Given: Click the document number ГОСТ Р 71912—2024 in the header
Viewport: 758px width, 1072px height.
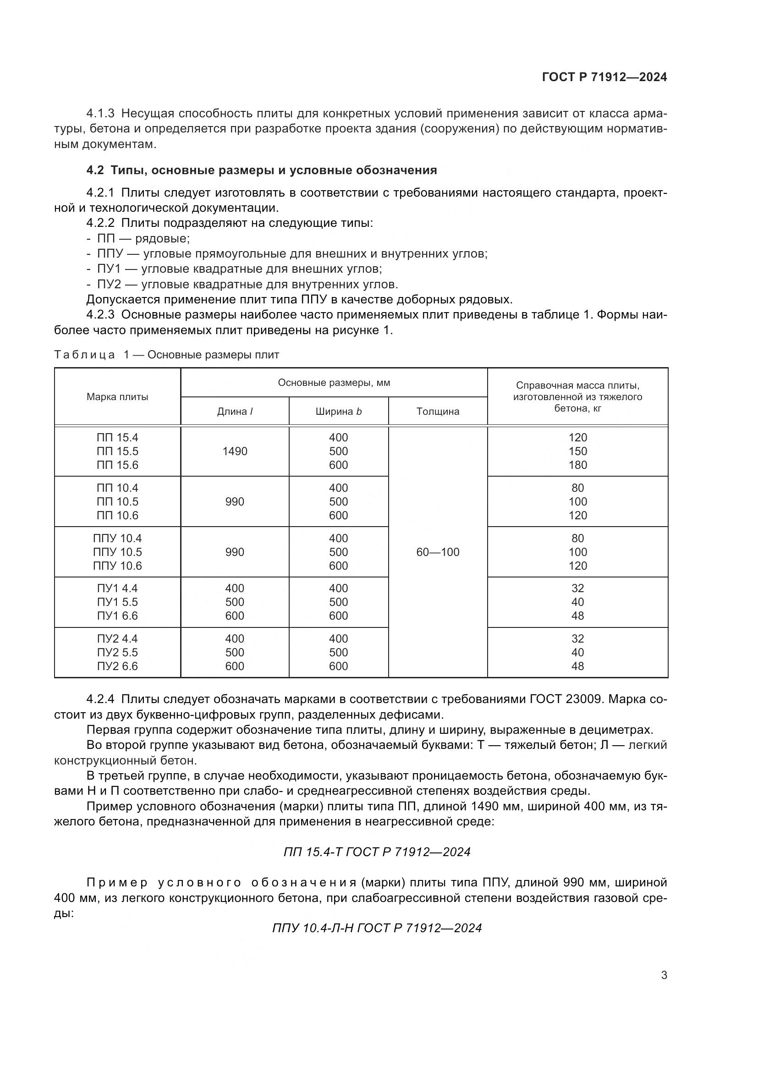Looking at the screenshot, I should coord(604,77).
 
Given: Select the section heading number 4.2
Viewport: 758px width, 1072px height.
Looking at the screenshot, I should coord(95,170).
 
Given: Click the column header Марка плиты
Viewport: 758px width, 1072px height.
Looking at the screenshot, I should coord(118,397).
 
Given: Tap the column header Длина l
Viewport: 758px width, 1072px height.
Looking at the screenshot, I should coord(235,411).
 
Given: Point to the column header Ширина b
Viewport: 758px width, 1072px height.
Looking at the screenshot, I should coord(338,411).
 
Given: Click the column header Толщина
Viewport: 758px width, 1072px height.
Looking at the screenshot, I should coord(437,411).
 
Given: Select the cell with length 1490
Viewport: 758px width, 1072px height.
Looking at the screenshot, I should coord(235,451).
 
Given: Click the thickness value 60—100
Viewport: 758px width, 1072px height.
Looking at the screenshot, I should coord(437,552).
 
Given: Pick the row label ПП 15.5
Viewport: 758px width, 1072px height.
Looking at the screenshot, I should coord(118,451).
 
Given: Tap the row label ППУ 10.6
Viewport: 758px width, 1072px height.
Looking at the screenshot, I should coord(118,566).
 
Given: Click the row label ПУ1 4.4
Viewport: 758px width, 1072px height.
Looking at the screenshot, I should coord(118,588).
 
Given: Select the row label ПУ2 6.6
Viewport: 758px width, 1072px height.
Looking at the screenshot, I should coord(118,666).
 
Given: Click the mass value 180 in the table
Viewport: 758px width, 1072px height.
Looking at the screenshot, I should coord(577,465).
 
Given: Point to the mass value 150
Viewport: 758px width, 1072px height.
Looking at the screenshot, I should coord(577,451).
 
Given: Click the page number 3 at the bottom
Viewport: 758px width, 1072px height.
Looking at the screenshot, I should coord(664,975).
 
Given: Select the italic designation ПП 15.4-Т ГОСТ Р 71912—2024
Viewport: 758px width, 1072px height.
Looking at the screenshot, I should coord(377,852).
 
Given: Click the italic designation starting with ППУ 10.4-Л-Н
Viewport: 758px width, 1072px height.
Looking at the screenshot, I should coord(377,928).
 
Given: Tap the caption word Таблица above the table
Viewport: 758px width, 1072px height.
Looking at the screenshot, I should coord(84,355).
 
